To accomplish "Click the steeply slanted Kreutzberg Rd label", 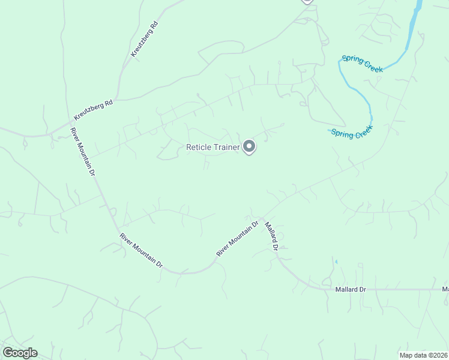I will (x=144, y=39).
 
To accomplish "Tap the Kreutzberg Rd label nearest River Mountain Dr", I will (x=93, y=109).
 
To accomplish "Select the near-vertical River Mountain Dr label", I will (x=83, y=152).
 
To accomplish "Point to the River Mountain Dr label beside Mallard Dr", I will (x=237, y=239).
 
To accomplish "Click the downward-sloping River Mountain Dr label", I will (x=141, y=250).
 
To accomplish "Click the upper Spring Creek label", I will (x=362, y=64).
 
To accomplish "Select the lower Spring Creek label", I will (x=352, y=132).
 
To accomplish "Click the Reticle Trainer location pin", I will (x=249, y=146).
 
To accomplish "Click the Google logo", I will (x=20, y=353).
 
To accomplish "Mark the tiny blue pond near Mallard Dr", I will (x=336, y=262).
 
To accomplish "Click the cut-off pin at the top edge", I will (x=307, y=2).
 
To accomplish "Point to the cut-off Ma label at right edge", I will (x=445, y=289).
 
